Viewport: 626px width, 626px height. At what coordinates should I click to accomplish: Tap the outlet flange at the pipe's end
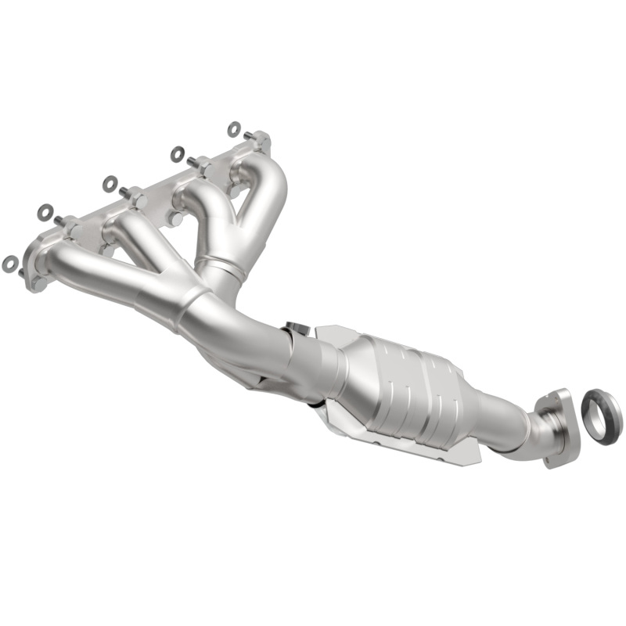click(556, 426)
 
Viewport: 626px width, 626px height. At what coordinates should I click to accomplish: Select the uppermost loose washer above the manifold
click(233, 128)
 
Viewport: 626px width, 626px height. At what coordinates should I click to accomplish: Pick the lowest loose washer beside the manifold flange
click(10, 264)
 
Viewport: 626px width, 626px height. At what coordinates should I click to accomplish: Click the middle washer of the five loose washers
click(110, 184)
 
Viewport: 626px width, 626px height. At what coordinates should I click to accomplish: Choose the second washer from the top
click(177, 154)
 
